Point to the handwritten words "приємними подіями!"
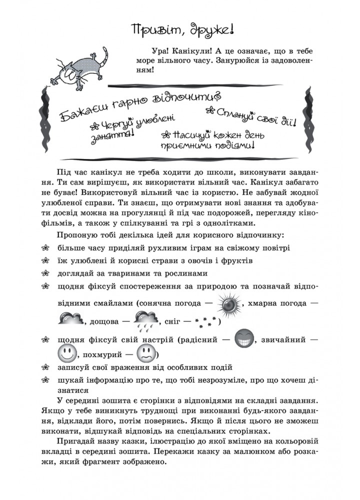pos(207,146)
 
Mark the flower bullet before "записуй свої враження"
pos(46,368)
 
